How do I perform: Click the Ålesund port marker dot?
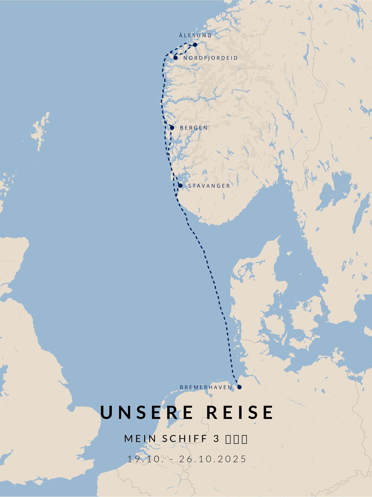[x=195, y=45]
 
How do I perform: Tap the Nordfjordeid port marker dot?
[x=175, y=58]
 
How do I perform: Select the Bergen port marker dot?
[x=172, y=128]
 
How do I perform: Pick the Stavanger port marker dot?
[x=180, y=186]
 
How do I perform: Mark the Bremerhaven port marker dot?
[x=239, y=387]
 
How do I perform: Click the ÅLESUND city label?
[x=195, y=35]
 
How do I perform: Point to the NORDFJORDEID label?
[x=211, y=58]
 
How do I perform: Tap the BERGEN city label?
[x=194, y=128]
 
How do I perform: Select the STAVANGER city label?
[x=209, y=186]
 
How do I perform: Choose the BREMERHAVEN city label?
[x=206, y=387]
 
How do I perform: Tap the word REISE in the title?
[x=240, y=412]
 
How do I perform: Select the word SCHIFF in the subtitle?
[x=185, y=438]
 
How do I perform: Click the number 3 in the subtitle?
[x=216, y=438]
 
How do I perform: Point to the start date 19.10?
[x=146, y=459]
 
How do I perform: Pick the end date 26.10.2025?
[x=213, y=459]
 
